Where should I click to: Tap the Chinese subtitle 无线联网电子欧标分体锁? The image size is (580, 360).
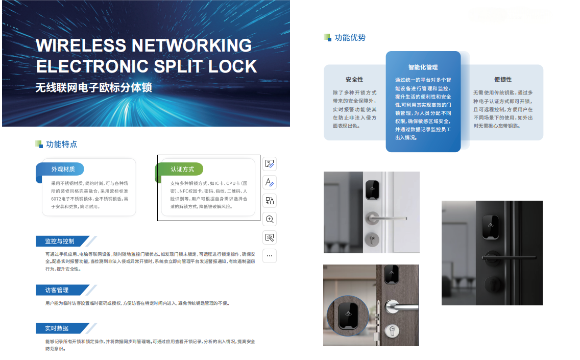[x=93, y=88]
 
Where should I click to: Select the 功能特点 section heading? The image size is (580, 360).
[x=61, y=145]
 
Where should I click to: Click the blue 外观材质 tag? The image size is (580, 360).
[x=63, y=169]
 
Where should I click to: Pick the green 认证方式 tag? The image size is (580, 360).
[x=182, y=169]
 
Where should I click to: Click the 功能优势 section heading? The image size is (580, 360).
[x=350, y=38]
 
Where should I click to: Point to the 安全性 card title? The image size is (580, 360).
[x=354, y=80]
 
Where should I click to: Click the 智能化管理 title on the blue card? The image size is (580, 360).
[x=423, y=67]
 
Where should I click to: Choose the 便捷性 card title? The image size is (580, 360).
[x=503, y=80]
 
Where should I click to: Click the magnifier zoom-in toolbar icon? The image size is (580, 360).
[x=270, y=220]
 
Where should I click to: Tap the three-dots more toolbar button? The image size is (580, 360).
[x=270, y=256]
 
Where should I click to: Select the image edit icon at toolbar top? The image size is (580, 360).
[x=270, y=164]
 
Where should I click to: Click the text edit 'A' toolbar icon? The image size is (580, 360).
[x=270, y=182]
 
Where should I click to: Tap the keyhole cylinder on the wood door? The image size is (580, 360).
[x=392, y=331]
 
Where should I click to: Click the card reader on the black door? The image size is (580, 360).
[x=491, y=226]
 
